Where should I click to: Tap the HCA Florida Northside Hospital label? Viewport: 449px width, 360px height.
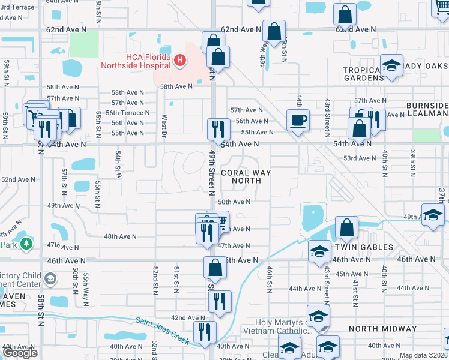(x=136, y=61)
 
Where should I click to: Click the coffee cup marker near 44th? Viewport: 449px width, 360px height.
(x=298, y=120)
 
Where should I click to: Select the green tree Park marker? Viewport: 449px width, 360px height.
(x=26, y=244)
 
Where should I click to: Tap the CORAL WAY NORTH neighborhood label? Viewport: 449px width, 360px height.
(x=246, y=176)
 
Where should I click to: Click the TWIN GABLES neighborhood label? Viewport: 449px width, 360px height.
(x=364, y=247)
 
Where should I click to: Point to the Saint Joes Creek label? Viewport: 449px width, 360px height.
(x=161, y=331)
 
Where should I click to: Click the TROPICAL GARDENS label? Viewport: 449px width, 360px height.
(x=363, y=74)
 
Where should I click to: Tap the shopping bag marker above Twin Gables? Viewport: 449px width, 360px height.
(x=346, y=227)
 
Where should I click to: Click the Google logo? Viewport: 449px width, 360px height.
(x=20, y=353)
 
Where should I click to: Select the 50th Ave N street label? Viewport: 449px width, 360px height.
(x=234, y=202)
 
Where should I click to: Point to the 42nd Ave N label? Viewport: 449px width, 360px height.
(x=188, y=317)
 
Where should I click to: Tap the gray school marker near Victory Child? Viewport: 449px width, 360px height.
(x=51, y=278)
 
